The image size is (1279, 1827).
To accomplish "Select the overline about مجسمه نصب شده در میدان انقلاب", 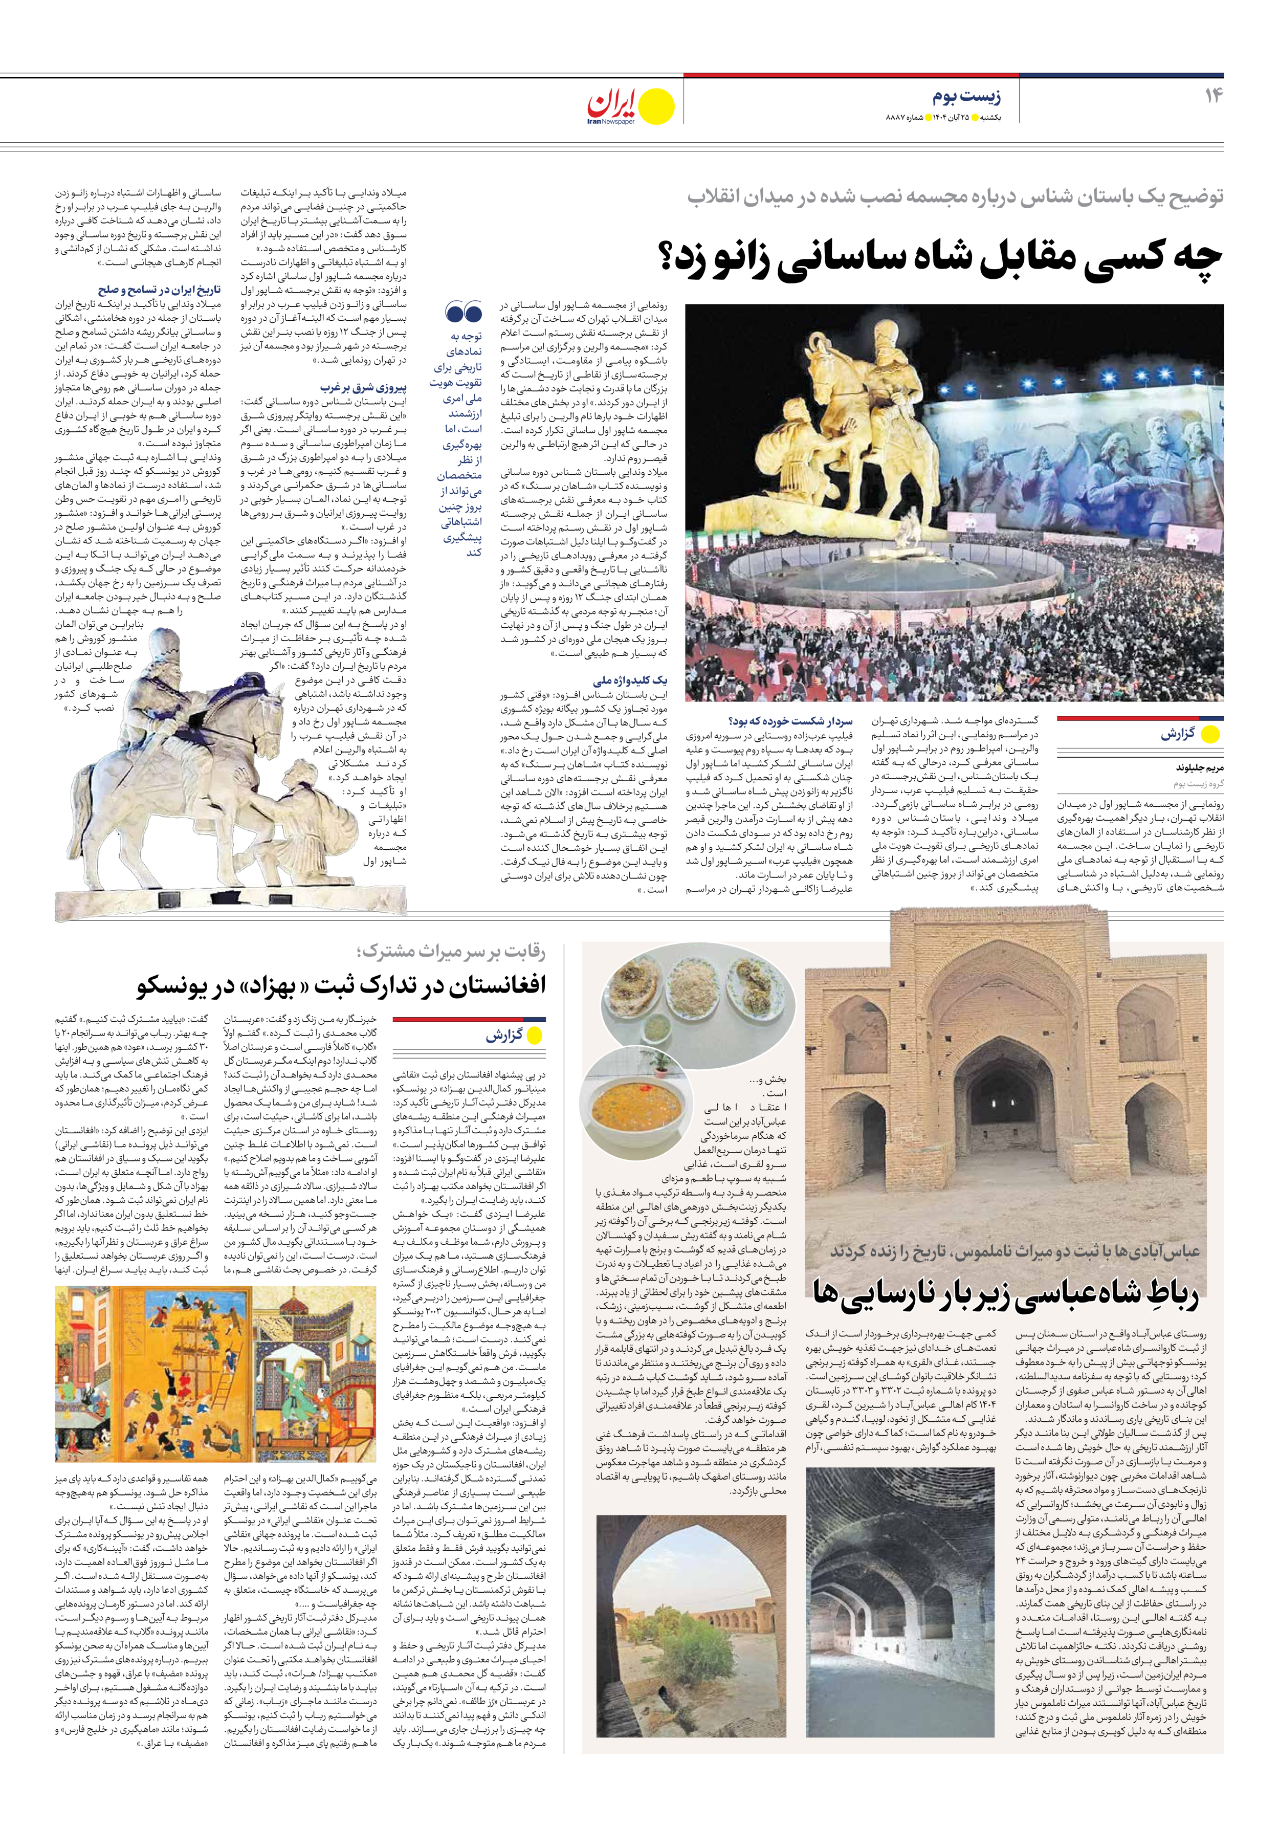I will (955, 196).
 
